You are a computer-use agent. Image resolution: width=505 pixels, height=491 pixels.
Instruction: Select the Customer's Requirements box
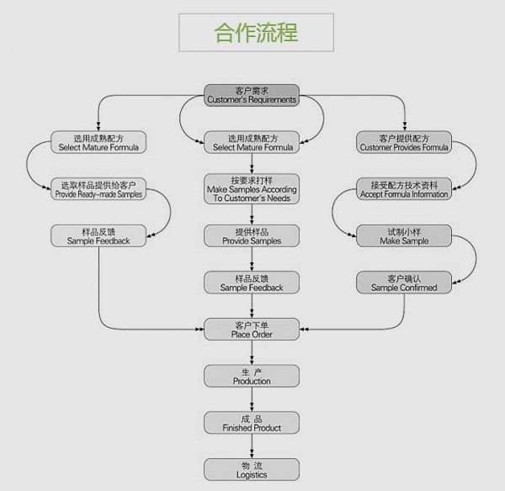pos(252,95)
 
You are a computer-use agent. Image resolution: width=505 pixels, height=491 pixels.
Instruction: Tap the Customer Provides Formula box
pos(404,142)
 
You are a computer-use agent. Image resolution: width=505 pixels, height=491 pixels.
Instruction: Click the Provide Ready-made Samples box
pos(98,189)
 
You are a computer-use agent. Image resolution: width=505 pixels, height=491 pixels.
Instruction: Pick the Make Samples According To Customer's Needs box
pos(252,189)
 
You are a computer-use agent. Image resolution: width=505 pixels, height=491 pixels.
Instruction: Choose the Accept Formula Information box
pos(404,189)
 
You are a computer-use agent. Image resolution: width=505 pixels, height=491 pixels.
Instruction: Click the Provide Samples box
pos(252,236)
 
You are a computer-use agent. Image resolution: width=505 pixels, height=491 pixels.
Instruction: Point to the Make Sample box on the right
pos(404,236)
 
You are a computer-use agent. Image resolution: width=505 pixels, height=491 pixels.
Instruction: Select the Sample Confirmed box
pos(404,282)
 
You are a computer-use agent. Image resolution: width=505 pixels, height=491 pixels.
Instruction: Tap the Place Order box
pos(252,330)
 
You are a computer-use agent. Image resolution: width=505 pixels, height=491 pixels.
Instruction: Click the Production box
pos(252,376)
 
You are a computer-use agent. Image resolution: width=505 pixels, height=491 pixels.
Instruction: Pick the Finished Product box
pos(252,423)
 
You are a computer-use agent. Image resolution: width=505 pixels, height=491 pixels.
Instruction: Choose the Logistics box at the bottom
pos(252,470)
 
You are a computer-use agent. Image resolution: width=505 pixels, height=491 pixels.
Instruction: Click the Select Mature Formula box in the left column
pos(98,142)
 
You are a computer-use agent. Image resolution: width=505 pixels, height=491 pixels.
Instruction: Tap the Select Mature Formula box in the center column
pos(252,142)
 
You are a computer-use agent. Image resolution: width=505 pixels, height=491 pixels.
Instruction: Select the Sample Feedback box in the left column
pos(98,236)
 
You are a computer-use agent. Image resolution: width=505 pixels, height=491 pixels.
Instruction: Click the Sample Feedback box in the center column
pos(252,282)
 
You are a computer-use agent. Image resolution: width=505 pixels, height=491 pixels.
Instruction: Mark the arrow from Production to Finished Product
pos(252,400)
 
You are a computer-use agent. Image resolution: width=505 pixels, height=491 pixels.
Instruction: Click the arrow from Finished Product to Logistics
pos(252,447)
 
